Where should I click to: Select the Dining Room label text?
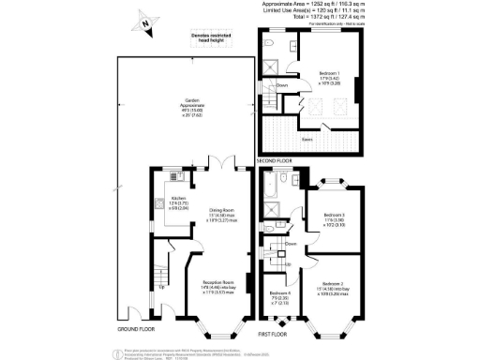[222, 215]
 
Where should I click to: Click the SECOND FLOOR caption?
[279, 161]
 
